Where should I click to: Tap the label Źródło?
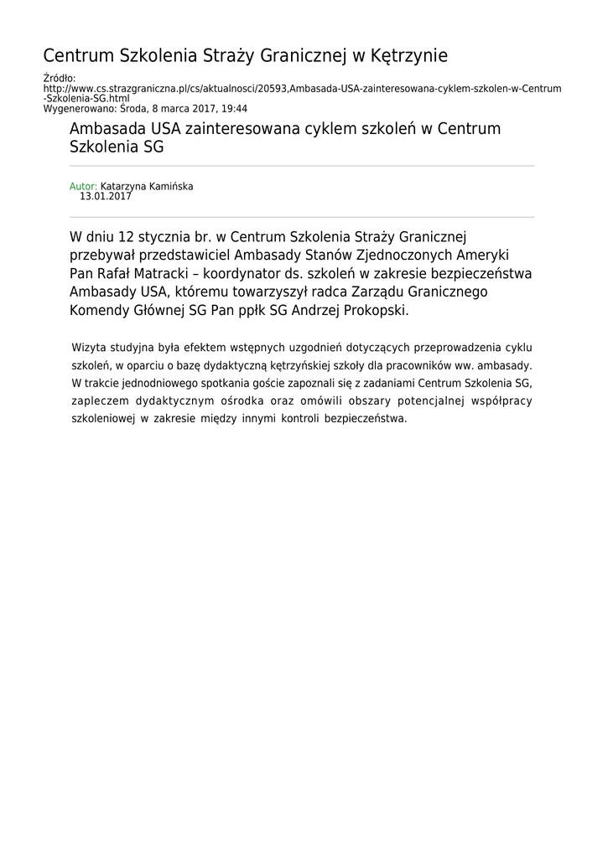click(59, 78)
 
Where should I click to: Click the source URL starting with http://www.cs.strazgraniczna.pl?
click(302, 88)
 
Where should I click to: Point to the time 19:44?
click(234, 108)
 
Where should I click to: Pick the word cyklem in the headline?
click(332, 129)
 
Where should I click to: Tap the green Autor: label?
click(83, 186)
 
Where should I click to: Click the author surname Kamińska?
click(170, 186)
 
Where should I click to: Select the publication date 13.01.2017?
click(106, 196)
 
